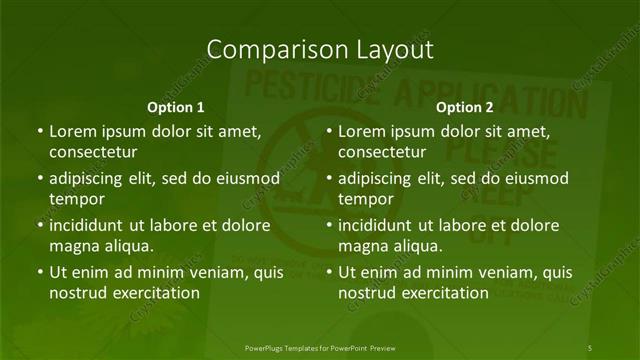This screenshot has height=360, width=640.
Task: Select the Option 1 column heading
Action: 176,107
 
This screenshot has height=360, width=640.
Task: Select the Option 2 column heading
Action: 465,107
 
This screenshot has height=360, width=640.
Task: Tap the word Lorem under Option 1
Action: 73,131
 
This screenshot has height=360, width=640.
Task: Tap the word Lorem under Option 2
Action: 362,131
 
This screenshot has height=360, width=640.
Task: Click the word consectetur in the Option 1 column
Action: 93,153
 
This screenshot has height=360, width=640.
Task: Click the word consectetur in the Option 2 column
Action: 383,153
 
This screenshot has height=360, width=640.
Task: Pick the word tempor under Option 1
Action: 75,199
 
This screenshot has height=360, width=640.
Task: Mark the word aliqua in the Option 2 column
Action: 412,246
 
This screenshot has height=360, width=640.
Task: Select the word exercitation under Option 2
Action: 444,293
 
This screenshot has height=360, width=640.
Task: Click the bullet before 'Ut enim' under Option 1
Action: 39,272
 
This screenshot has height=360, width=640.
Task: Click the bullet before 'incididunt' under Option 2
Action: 329,225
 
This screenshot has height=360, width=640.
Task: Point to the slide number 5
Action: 591,346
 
